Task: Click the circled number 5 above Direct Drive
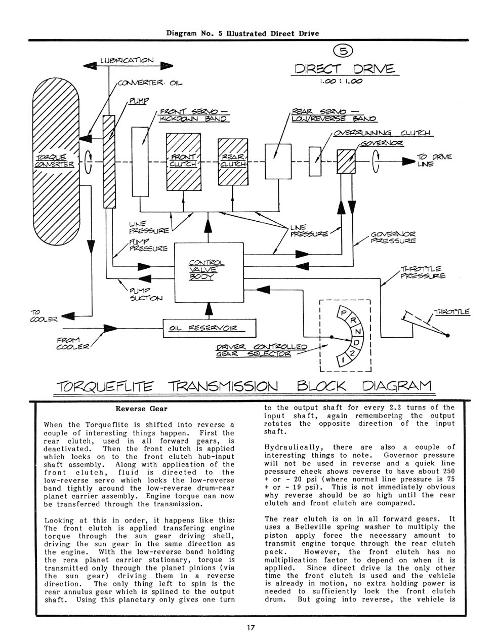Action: [343, 52]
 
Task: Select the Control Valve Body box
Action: [209, 272]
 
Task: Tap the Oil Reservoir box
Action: [210, 328]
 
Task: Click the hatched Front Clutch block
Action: [184, 162]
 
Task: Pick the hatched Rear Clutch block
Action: [233, 162]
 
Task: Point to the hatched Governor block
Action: [346, 162]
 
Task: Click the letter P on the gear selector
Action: [343, 313]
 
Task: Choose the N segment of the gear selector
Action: [357, 331]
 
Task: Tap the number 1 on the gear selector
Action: [343, 360]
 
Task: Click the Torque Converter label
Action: [54, 161]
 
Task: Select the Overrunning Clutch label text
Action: [382, 133]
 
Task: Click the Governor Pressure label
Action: [393, 237]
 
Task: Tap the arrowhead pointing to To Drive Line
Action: [408, 162]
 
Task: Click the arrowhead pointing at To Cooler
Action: [68, 316]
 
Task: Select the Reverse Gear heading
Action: [141, 409]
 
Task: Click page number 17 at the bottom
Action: [251, 627]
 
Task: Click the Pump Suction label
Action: [146, 294]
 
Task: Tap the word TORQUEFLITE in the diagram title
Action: [105, 386]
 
